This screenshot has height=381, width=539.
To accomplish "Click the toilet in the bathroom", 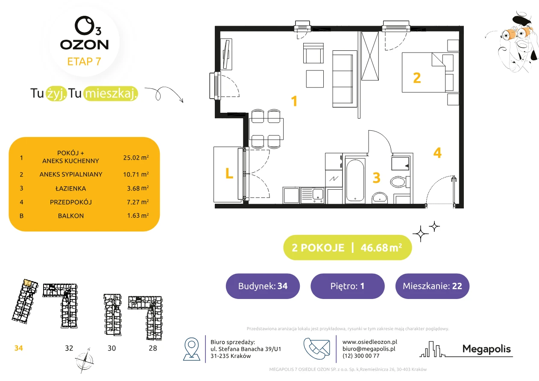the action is (400, 182).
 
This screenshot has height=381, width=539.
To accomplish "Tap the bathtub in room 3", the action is (354, 180).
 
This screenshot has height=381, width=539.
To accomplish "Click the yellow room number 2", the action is (417, 78).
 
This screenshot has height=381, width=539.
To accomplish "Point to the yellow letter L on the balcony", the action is (229, 173).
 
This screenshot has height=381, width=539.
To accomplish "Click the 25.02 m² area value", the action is (136, 158).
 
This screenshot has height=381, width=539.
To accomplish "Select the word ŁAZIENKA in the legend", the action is (71, 188).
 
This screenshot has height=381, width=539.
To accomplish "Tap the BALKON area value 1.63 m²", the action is (138, 215).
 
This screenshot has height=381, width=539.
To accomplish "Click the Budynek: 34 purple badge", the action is (263, 286).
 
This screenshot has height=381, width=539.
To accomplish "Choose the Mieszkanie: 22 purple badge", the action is (432, 286).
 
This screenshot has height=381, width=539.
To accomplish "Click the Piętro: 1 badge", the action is (348, 286).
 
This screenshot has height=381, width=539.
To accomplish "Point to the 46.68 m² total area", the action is (381, 248).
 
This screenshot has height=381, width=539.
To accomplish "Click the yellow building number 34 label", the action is (18, 348).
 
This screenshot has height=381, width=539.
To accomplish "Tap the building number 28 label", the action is (153, 348).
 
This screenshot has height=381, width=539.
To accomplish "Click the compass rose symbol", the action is (84, 360).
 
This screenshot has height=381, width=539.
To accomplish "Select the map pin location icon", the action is (191, 349).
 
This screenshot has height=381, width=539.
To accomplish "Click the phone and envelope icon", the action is (316, 349).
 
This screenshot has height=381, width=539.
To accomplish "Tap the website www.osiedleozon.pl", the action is (370, 342).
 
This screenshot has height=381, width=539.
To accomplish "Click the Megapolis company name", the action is (486, 349).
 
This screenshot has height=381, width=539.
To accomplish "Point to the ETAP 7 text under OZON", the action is (84, 62).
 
